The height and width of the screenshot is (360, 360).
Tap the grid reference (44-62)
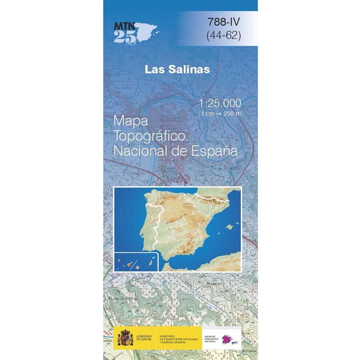coord(224,36)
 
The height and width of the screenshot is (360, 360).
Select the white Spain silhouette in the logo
coord(146,30)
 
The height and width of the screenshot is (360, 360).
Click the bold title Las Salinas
coord(177,69)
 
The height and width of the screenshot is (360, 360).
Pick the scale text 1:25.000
coord(220,103)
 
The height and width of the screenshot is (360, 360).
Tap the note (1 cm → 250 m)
coord(220,114)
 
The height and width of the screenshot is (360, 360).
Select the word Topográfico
coord(149,136)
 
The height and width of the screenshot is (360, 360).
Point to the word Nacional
coord(138,151)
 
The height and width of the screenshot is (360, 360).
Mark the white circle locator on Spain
coord(189,235)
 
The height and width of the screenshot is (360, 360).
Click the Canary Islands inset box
coord(136,262)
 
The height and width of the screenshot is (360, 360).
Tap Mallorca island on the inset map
coord(230,227)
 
